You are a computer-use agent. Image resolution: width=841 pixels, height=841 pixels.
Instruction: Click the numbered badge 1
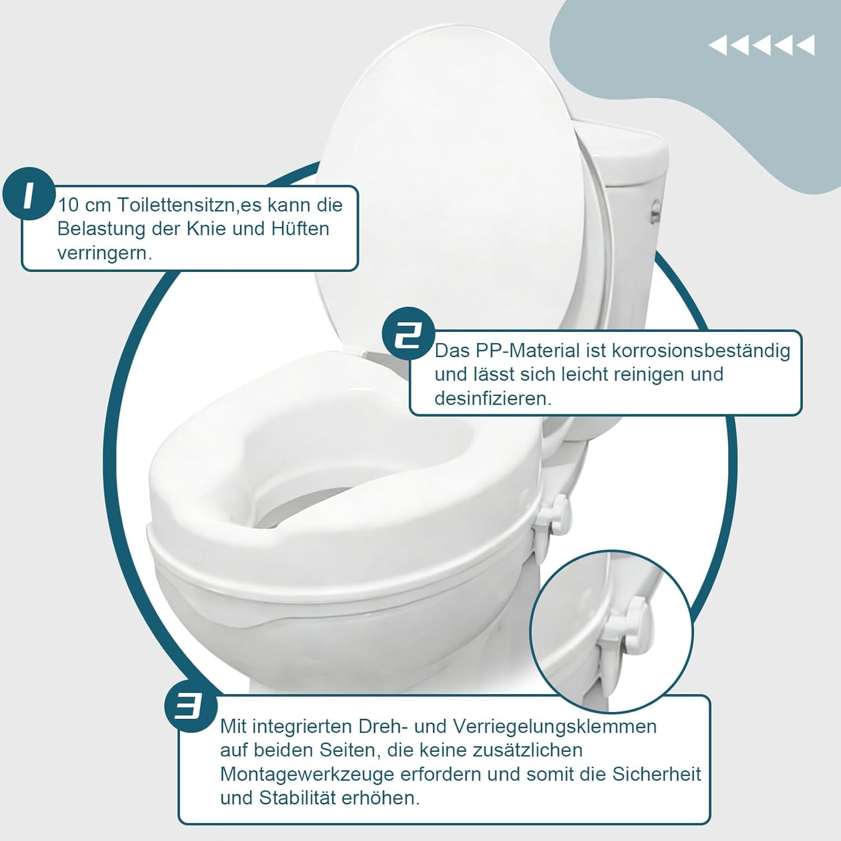[30, 195]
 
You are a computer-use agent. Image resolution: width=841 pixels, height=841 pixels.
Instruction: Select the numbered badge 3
[191, 705]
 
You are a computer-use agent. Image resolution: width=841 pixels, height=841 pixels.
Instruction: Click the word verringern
[104, 253]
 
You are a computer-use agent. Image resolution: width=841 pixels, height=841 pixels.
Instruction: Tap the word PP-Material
[528, 351]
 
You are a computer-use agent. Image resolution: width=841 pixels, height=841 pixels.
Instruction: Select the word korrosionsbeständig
[701, 352]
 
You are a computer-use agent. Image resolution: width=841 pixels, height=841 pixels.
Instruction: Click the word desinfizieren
[493, 399]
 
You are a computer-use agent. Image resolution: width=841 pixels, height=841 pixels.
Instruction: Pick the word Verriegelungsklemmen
[554, 727]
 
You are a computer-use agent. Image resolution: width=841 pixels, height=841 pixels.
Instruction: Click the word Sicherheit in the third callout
[657, 774]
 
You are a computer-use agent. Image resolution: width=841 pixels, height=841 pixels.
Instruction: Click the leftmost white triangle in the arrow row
[718, 45]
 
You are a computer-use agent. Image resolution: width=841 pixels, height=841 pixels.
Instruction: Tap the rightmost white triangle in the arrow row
[805, 45]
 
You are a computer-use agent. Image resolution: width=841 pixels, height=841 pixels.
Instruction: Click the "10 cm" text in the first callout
[84, 205]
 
